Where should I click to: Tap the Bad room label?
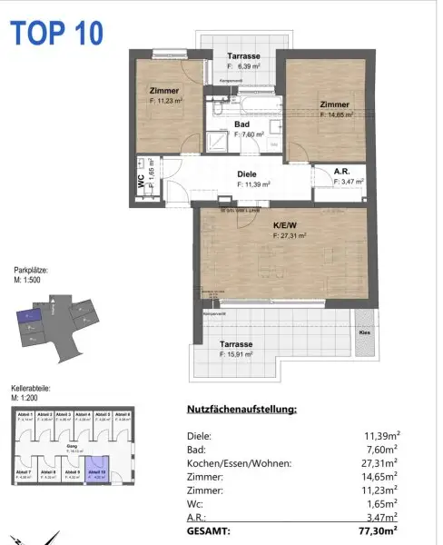[241, 124]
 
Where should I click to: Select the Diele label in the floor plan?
[247, 174]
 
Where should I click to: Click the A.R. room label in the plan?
[341, 171]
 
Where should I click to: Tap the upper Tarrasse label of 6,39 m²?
[244, 56]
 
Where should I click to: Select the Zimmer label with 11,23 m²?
[163, 91]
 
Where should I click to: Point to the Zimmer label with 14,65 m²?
[335, 104]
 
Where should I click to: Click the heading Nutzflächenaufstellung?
[241, 410]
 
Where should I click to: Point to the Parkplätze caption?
[31, 271]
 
